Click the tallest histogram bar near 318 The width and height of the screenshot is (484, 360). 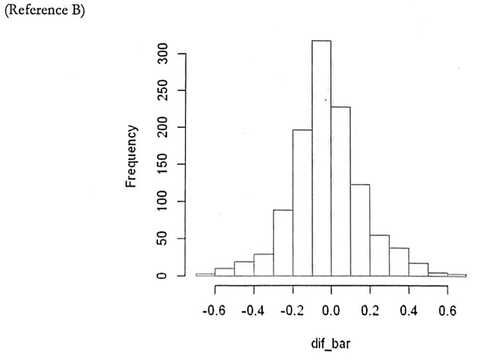(322, 158)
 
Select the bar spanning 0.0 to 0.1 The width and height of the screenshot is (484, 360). (341, 191)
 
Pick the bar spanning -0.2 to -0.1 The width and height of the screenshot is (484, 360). (302, 202)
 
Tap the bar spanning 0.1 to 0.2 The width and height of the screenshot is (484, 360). (360, 230)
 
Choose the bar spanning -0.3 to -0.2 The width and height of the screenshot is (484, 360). (283, 242)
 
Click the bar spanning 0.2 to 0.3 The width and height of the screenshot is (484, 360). (379, 255)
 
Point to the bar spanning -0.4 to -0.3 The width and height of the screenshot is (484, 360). (264, 264)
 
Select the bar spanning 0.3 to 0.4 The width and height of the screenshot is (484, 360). (399, 261)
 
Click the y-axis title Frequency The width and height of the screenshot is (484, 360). (131, 156)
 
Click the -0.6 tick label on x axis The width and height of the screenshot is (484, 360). (214, 310)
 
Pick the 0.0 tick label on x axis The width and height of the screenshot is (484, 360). (331, 310)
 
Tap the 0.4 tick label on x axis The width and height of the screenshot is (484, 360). (408, 310)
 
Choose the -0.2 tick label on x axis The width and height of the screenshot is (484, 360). (291, 310)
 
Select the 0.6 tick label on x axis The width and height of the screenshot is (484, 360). (447, 310)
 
